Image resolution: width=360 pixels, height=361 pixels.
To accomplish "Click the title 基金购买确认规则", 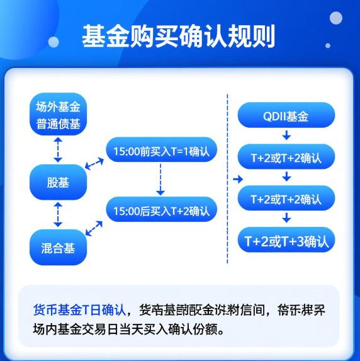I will (x=179, y=37).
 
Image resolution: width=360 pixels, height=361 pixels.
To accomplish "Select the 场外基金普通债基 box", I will (x=58, y=114).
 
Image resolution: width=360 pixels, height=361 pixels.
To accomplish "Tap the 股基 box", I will (x=58, y=182).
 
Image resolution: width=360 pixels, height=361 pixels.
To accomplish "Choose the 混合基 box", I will (x=58, y=248).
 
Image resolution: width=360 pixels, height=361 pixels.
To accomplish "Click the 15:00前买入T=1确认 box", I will (x=161, y=151).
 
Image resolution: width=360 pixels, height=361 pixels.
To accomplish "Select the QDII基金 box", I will (x=286, y=117).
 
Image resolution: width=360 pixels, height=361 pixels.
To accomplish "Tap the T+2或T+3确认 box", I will (x=286, y=240).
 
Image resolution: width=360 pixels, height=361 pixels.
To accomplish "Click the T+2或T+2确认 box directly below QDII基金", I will (x=286, y=157).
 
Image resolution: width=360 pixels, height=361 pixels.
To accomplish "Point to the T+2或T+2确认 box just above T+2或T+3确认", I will (x=286, y=198).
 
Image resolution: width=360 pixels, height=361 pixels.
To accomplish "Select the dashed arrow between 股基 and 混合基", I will (x=58, y=215).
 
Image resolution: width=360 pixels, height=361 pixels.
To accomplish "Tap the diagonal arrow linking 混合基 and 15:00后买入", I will (x=94, y=228).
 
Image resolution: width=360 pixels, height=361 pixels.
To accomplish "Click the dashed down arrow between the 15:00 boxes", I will (x=160, y=181).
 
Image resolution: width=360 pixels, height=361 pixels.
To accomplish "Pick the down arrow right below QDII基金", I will (x=286, y=136).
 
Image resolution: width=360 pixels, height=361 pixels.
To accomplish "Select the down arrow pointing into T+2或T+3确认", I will (x=286, y=219).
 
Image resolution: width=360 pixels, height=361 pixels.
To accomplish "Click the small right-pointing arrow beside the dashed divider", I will (x=237, y=179).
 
